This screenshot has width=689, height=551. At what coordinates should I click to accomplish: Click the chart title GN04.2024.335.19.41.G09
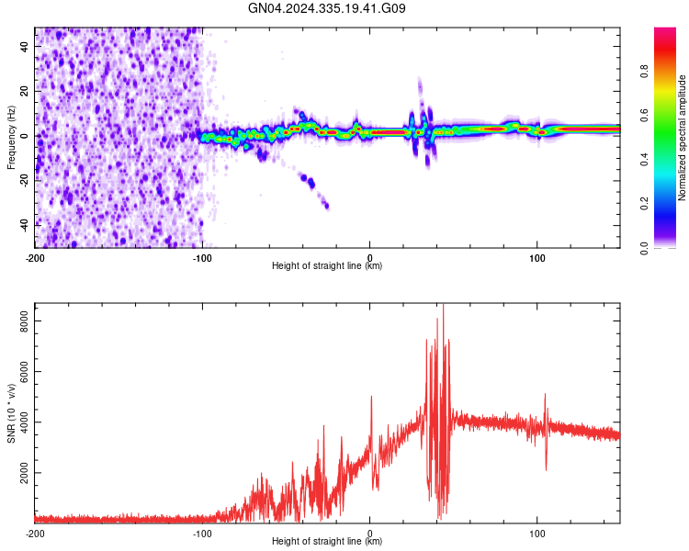(x=327, y=9)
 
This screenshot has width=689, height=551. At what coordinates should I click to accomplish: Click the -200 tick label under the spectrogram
(x=35, y=255)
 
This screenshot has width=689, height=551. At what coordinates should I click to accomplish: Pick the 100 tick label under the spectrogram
(x=537, y=255)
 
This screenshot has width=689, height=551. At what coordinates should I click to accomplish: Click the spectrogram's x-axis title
(x=327, y=266)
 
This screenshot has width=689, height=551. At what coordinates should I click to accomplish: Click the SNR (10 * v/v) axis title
(x=11, y=412)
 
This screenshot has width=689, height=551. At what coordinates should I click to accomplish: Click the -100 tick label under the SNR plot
(x=202, y=532)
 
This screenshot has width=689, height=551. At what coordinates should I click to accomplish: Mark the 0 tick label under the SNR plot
(x=369, y=532)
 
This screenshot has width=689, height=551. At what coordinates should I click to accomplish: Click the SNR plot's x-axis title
(x=327, y=542)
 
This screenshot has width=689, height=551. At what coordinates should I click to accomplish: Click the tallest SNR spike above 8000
(x=444, y=306)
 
